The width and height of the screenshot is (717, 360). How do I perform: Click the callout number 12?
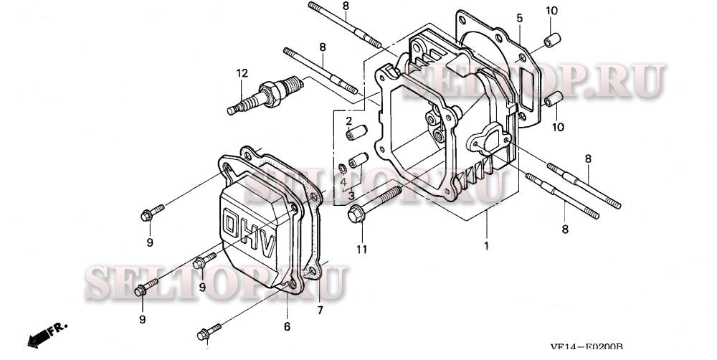pos(242,72)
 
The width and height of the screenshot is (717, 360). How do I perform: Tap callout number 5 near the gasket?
pos(518,17)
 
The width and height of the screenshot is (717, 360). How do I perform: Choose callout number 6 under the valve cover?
pos(286,326)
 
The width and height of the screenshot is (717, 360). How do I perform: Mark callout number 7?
pos(320,311)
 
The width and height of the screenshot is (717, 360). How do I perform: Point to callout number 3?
pos(351,194)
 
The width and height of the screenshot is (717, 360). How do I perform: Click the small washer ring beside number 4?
pos(343,168)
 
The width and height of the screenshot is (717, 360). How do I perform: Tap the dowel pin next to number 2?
pos(356,133)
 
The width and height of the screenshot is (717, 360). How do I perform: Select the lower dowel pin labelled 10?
pos(553,99)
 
